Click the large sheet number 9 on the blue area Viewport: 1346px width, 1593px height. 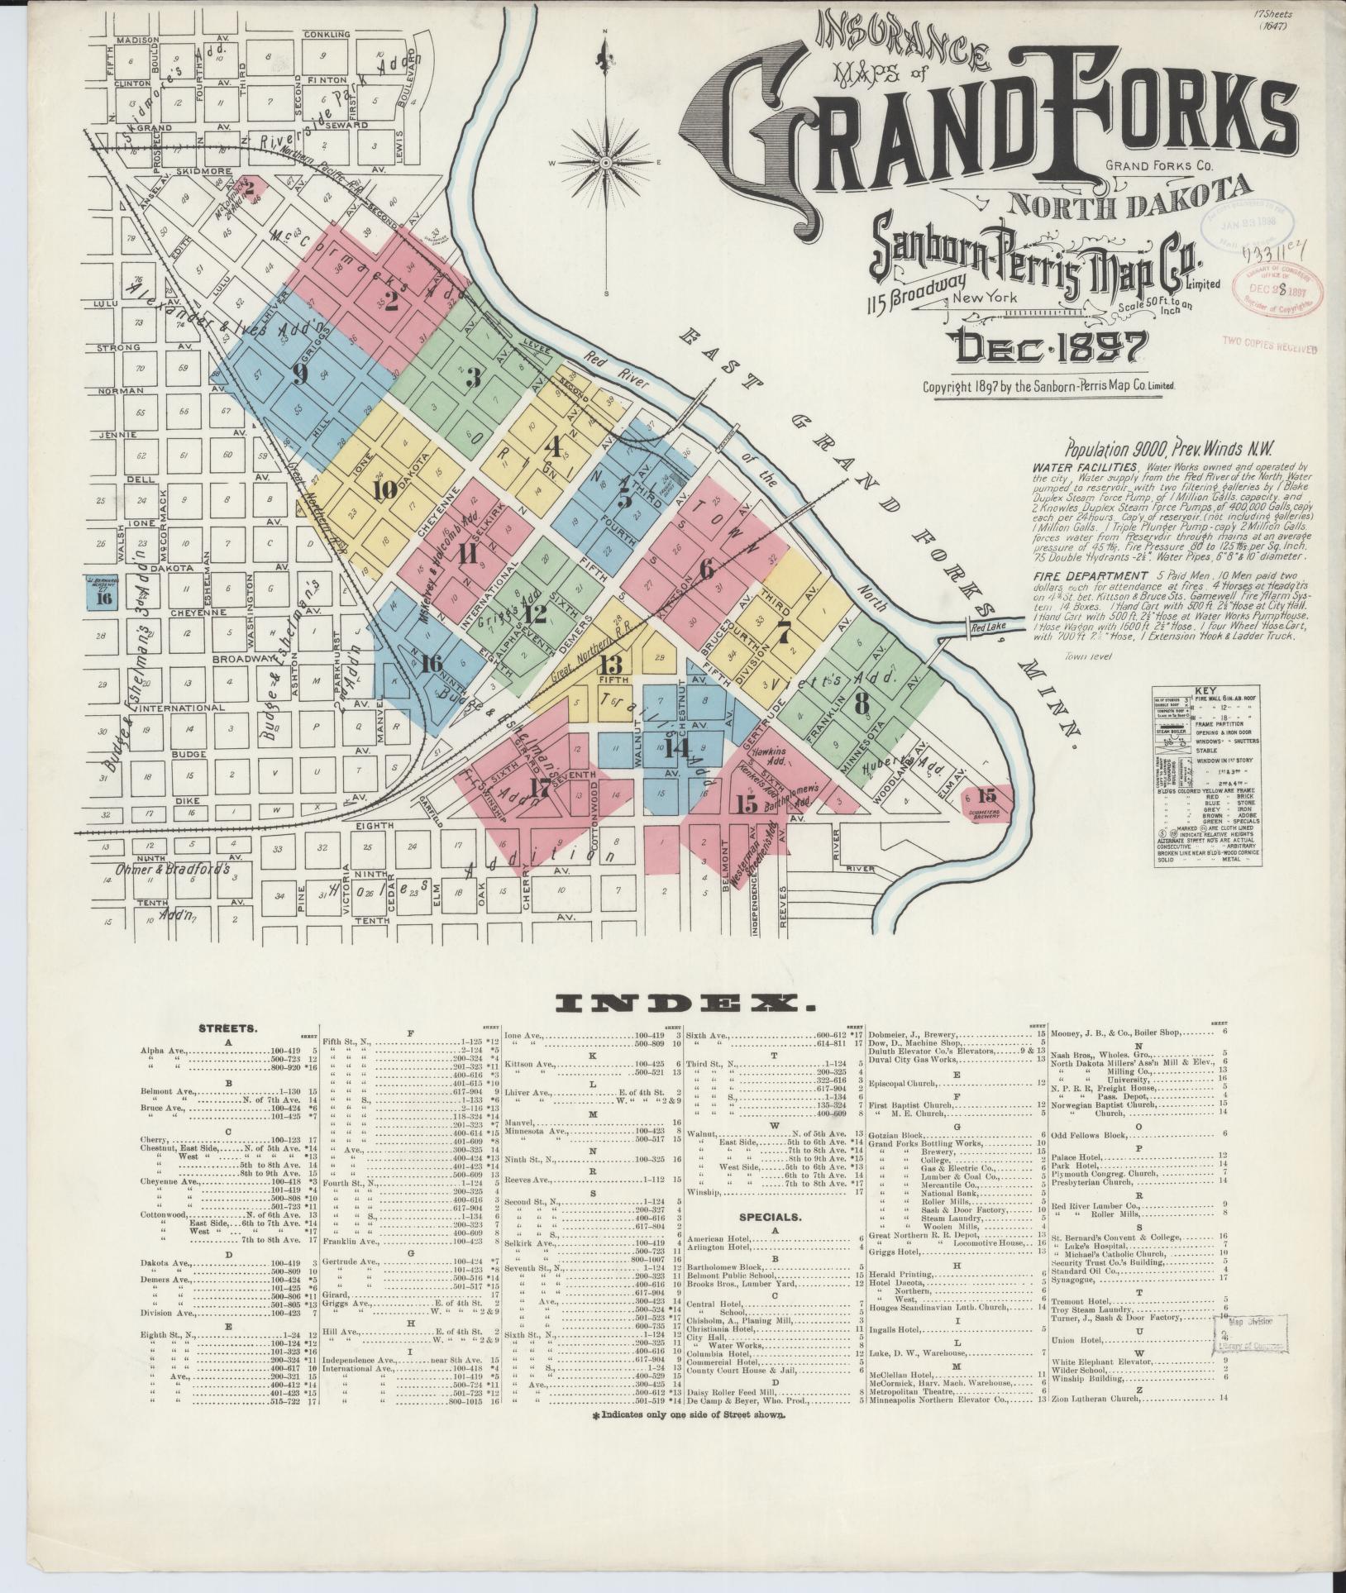(x=300, y=374)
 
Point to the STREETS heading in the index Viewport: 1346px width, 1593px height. (x=227, y=1028)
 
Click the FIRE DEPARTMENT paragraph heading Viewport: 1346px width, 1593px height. (x=1090, y=576)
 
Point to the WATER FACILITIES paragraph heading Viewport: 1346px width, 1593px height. (x=1073, y=466)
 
